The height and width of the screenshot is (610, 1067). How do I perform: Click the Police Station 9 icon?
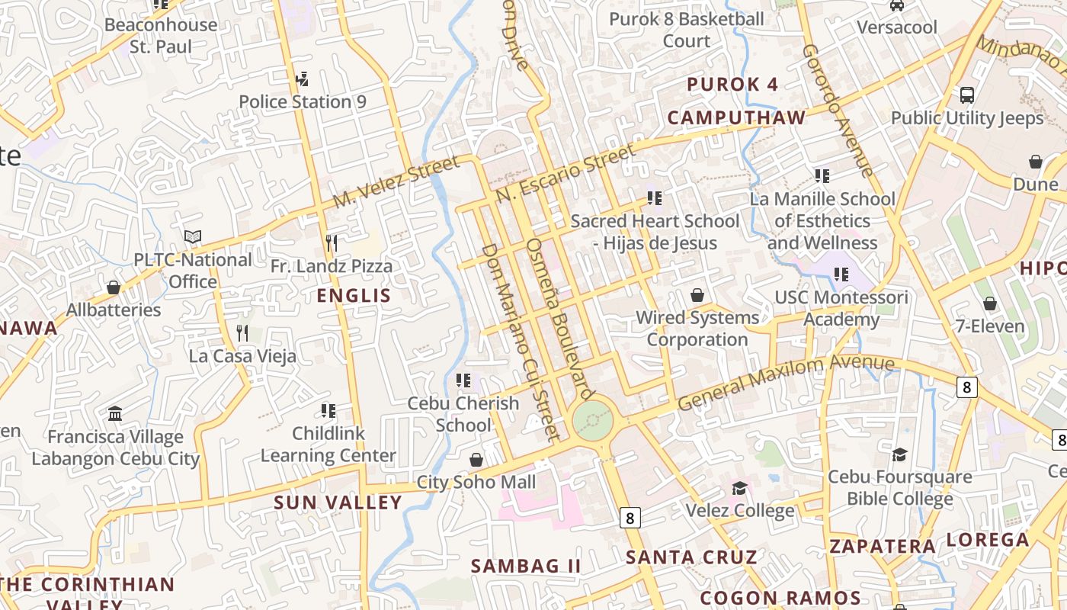pyautogui.click(x=302, y=79)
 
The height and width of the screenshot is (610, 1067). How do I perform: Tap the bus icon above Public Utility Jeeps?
pyautogui.click(x=966, y=95)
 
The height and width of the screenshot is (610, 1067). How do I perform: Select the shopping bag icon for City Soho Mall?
pyautogui.click(x=476, y=460)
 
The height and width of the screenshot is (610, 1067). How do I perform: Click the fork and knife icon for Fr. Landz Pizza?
pyautogui.click(x=332, y=243)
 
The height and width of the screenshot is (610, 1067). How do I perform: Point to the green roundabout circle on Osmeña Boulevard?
pyautogui.click(x=592, y=420)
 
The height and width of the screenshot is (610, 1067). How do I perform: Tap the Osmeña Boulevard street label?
pyautogui.click(x=560, y=319)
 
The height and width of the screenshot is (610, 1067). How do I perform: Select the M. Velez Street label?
pyautogui.click(x=397, y=181)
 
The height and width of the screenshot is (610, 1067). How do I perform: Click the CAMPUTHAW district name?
pyautogui.click(x=736, y=117)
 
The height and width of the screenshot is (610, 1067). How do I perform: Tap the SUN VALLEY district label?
pyautogui.click(x=338, y=502)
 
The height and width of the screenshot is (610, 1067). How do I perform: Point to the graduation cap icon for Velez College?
pyautogui.click(x=739, y=488)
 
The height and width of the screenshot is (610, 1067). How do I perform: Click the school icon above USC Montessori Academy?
pyautogui.click(x=841, y=274)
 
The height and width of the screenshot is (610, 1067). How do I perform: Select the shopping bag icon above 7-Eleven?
pyautogui.click(x=989, y=303)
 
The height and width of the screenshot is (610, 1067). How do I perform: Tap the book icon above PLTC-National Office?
pyautogui.click(x=193, y=237)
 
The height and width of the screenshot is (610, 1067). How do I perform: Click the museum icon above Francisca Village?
pyautogui.click(x=115, y=414)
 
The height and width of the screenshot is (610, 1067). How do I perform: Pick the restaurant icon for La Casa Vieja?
pyautogui.click(x=242, y=333)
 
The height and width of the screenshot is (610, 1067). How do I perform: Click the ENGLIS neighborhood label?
pyautogui.click(x=354, y=296)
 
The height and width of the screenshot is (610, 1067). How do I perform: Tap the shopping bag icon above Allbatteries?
pyautogui.click(x=114, y=287)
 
